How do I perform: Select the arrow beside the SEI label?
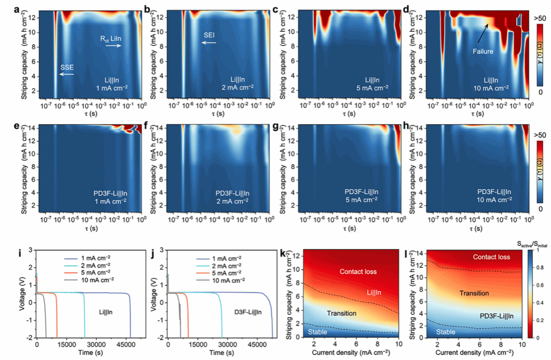pos(209,43)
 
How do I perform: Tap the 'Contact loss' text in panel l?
pos(491,257)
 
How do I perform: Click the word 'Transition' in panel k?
pos(342,313)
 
